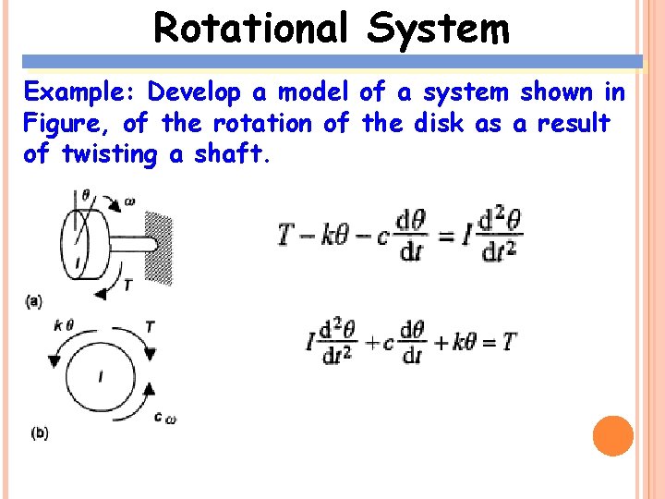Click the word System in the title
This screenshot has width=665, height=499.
438,28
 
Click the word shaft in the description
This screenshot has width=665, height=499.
230,153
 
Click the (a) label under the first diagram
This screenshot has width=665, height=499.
33,299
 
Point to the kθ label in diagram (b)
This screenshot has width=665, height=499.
63,324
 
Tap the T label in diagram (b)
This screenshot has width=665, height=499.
150,325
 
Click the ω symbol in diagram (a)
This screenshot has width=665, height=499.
129,200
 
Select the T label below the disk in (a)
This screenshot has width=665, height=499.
127,285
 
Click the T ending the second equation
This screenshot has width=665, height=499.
509,343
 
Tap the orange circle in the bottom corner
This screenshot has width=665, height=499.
612,435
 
